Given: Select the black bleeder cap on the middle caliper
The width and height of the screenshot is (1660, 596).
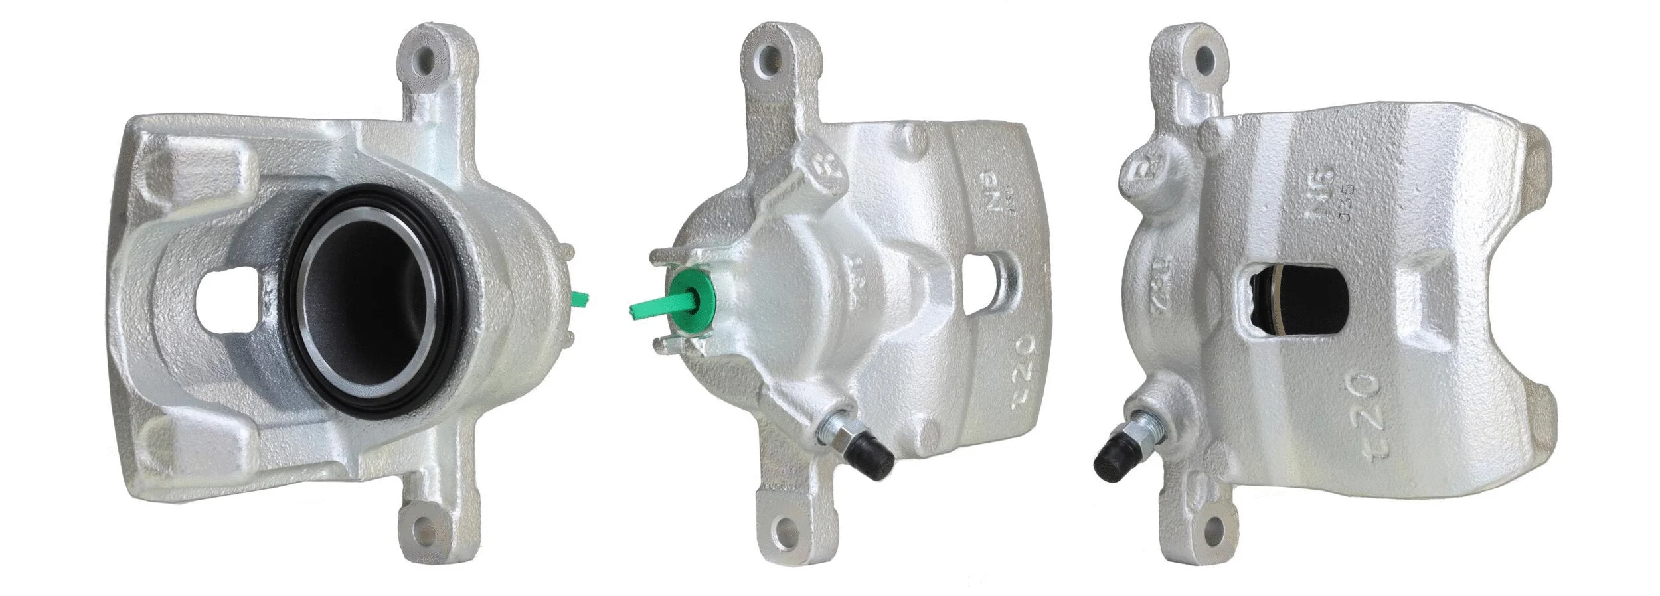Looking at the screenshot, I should (871, 457).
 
